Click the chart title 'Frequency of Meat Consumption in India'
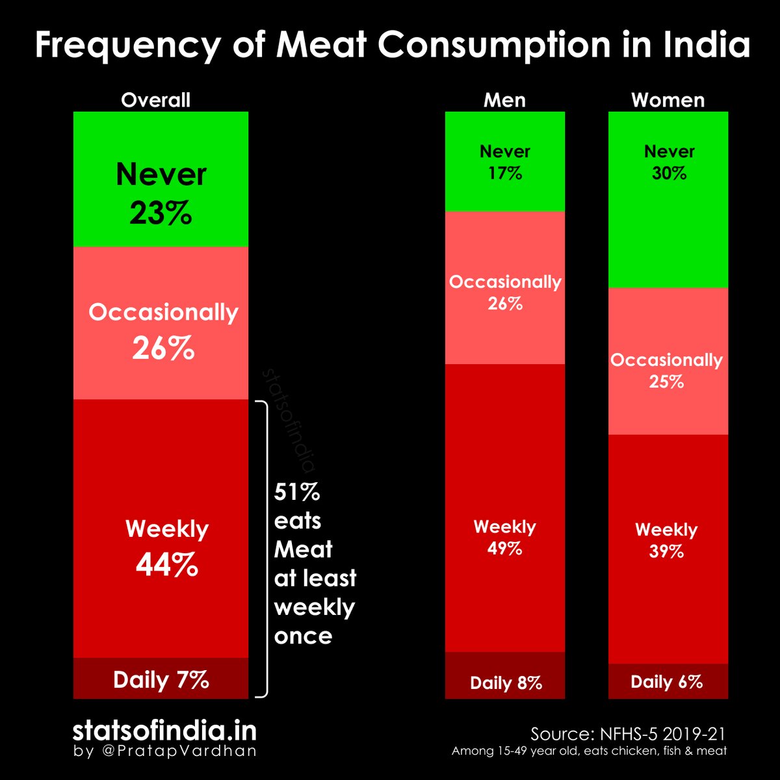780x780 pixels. (x=392, y=45)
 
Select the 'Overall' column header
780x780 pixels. (x=155, y=100)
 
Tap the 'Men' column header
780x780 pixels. (x=504, y=100)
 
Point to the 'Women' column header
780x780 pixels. (x=668, y=100)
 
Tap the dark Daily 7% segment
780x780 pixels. (x=161, y=679)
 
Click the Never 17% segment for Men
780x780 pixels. (x=504, y=162)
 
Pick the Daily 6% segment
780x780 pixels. (x=668, y=682)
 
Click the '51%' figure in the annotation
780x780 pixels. (x=297, y=493)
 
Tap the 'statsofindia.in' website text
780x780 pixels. (x=164, y=731)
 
